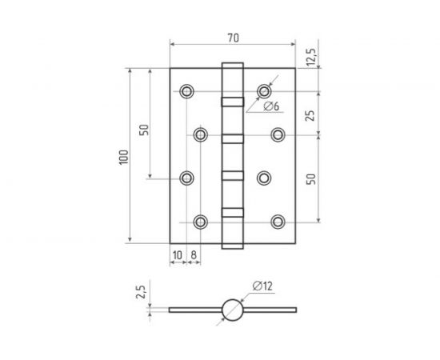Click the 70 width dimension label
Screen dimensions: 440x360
click(233, 38)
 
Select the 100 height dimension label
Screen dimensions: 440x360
click(124, 158)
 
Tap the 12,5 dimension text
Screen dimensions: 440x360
click(311, 58)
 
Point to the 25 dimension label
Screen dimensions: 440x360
click(310, 115)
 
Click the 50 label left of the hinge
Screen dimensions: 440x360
click(144, 130)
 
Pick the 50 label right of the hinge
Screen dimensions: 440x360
click(311, 179)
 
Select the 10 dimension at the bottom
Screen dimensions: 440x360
click(178, 255)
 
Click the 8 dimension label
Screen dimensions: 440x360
click(194, 255)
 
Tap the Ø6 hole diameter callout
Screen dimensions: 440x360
click(271, 106)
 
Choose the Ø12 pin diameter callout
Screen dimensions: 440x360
click(262, 286)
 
